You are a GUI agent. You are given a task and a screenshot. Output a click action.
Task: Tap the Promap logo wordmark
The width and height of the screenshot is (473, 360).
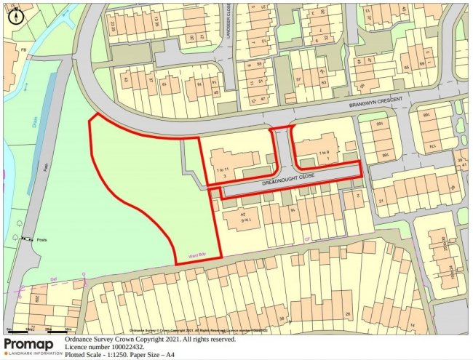(29, 344)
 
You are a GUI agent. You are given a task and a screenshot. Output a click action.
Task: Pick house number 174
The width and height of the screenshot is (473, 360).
(437, 148)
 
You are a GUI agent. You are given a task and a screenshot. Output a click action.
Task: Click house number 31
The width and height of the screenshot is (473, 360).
(381, 201)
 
